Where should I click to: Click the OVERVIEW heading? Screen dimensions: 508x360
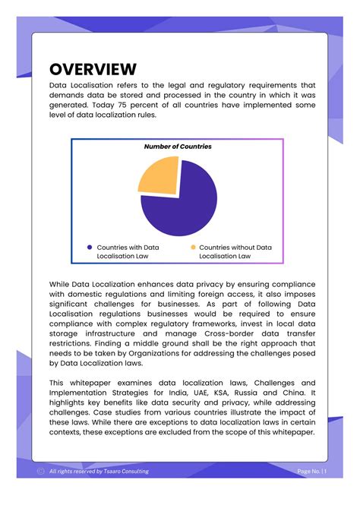point(93,69)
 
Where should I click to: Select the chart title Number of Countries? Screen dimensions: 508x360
point(178,147)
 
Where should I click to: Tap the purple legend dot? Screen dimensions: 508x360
point(90,248)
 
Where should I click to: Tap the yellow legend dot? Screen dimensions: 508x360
point(193,248)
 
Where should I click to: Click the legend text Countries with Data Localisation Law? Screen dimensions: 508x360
point(128,252)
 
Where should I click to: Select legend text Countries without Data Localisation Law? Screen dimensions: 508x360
point(235,252)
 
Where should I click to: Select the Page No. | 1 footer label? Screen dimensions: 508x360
point(312,472)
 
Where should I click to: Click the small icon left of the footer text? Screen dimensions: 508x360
point(40,472)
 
